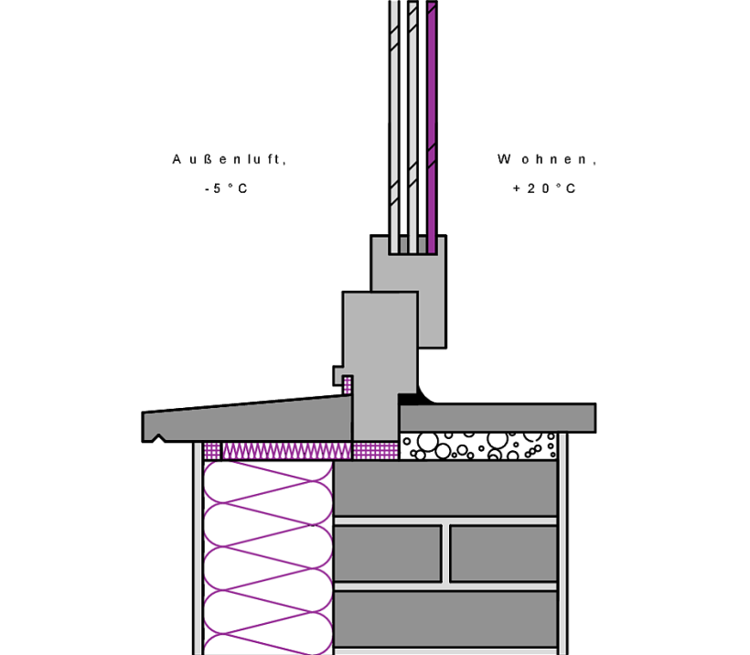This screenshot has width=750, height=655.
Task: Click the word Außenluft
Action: point(229,159)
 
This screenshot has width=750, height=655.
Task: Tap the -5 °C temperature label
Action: point(226,188)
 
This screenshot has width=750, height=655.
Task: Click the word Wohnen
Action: point(547,159)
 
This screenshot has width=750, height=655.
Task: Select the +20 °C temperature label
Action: point(544,188)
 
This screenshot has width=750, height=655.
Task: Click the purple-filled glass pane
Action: point(432,127)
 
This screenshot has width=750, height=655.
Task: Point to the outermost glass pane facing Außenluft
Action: point(393,127)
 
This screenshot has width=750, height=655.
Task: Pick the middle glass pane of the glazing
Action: point(412,127)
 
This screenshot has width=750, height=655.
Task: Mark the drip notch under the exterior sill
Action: point(158,438)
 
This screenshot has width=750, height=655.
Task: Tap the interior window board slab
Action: point(498,418)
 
